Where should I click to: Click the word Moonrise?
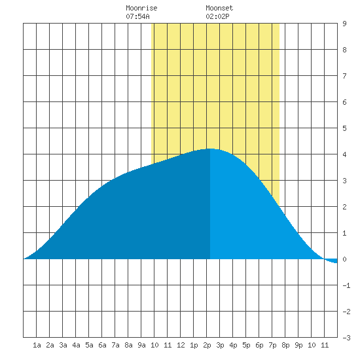[141, 8]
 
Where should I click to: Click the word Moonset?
[219, 8]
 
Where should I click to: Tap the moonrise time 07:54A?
[137, 16]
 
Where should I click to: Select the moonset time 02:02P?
[217, 16]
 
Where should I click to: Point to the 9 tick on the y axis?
[344, 24]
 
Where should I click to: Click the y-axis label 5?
[344, 128]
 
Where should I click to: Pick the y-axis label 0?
[344, 259]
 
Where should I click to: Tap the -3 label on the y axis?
[346, 338]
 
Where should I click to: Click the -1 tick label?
[346, 285]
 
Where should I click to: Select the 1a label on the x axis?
[37, 345]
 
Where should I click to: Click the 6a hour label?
[102, 345]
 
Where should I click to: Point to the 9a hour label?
[141, 345]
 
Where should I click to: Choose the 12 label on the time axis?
[181, 345]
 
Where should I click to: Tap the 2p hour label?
[207, 345]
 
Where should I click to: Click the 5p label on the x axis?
[246, 345]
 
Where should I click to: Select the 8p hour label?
[285, 345]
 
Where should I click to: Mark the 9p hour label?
[298, 345]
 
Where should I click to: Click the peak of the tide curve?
[210, 149]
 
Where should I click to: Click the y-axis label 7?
[344, 76]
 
